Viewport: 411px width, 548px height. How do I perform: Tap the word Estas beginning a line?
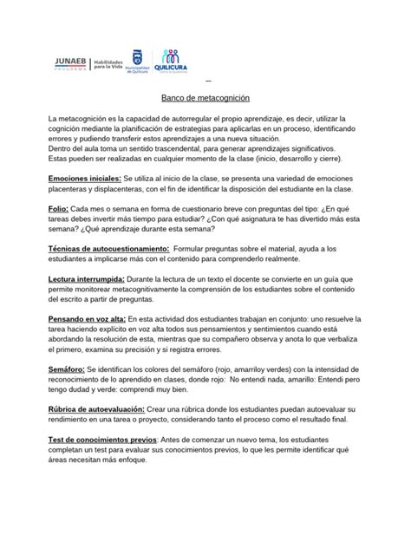(37, 160)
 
